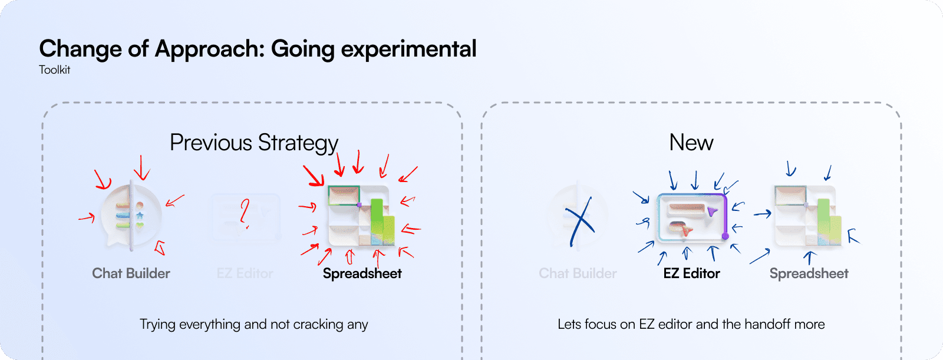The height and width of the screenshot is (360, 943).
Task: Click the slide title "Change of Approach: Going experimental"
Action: tap(258, 49)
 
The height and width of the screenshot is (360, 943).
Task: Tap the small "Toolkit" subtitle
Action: tap(54, 70)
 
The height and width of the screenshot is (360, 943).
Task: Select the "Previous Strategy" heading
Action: tap(254, 143)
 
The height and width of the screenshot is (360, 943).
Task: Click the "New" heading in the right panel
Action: tap(691, 143)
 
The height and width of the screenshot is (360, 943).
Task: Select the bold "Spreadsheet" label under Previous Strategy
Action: tap(362, 273)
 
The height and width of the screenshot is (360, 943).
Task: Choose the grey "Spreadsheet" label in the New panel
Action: tap(809, 273)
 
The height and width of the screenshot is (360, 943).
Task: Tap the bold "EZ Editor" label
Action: tap(691, 273)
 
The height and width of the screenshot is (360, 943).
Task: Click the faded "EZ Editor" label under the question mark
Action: tap(245, 273)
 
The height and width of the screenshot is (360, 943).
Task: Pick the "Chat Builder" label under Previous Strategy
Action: tap(131, 273)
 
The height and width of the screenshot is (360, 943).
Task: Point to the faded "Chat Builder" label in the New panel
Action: tap(578, 273)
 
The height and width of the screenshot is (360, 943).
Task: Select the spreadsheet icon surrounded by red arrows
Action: tap(360, 216)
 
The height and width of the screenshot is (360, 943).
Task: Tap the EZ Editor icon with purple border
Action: tap(692, 217)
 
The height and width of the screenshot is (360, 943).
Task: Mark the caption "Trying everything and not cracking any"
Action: tap(253, 324)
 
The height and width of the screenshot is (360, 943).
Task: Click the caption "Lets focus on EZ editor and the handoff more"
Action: tap(691, 324)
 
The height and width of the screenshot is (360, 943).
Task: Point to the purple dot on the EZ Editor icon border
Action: tap(725, 236)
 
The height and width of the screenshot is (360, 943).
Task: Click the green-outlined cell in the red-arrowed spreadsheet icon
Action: tap(344, 195)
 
